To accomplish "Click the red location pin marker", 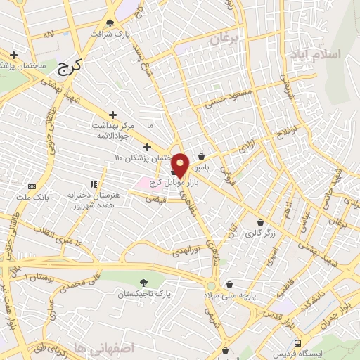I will click(180, 164).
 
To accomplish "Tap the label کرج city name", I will click(68, 68).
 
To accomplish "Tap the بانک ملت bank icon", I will click(32, 186).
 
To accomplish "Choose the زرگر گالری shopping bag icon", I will click(261, 222).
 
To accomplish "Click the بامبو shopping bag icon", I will click(202, 156).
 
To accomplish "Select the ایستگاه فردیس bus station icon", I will click(300, 344).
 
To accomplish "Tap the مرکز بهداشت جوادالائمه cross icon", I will click(113, 114).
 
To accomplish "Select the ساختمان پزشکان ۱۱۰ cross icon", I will click(147, 147).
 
